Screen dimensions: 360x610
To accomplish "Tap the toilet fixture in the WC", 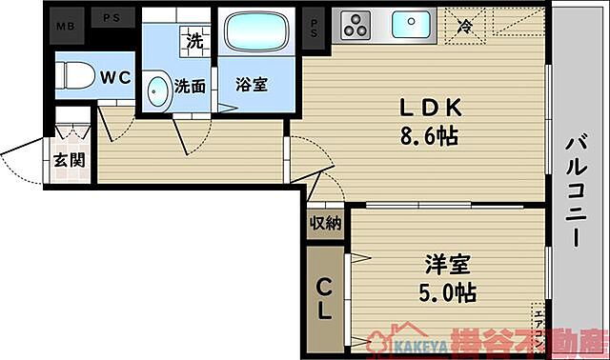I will point(73,74).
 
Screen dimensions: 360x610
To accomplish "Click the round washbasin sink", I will point(158,89).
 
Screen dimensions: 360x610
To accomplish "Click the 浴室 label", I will point(252,84).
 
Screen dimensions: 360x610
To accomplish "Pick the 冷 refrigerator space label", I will point(466,26).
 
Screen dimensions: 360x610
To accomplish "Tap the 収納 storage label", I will point(325,224).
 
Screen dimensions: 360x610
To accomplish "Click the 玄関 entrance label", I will point(68,159).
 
